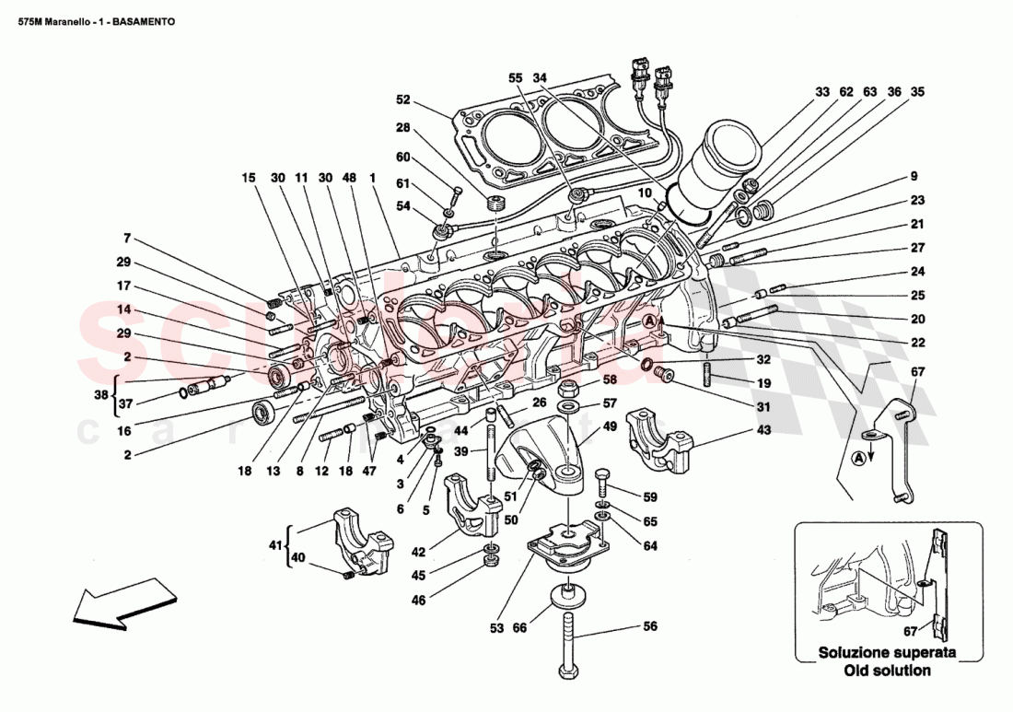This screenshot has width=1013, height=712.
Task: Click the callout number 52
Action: (402, 100)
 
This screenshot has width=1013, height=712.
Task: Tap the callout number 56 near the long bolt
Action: (651, 627)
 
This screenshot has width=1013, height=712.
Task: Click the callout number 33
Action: (822, 92)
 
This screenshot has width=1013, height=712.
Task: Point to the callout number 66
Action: (520, 628)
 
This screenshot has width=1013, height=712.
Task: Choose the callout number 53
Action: (496, 628)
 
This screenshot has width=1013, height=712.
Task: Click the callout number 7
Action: (127, 238)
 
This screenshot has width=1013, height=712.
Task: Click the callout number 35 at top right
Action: (917, 92)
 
